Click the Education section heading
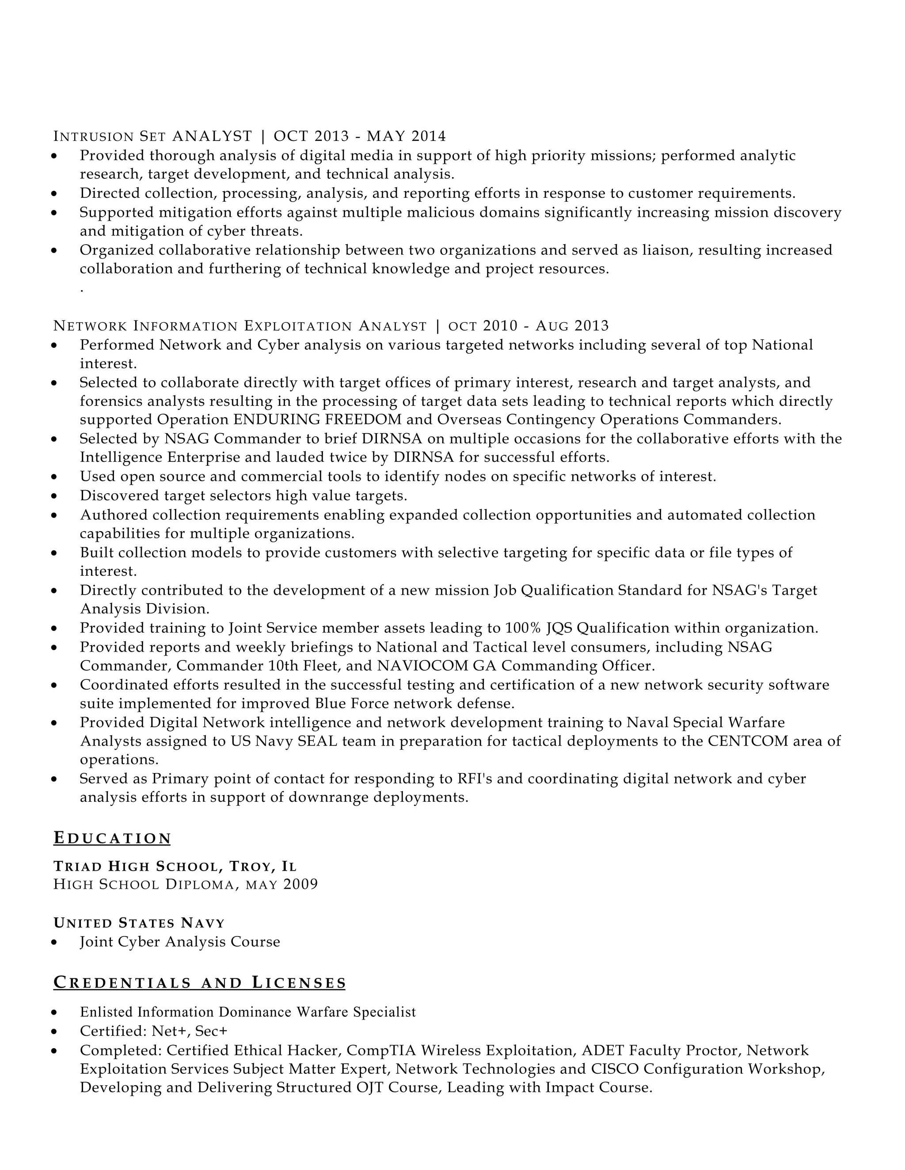tap(112, 838)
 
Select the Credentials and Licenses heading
tap(199, 982)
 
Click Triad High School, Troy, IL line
tap(175, 866)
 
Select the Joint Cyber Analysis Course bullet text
tap(179, 942)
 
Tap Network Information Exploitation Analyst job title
tap(240, 326)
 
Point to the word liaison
tap(663, 250)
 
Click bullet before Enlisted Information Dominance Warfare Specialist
tap(54, 1012)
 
